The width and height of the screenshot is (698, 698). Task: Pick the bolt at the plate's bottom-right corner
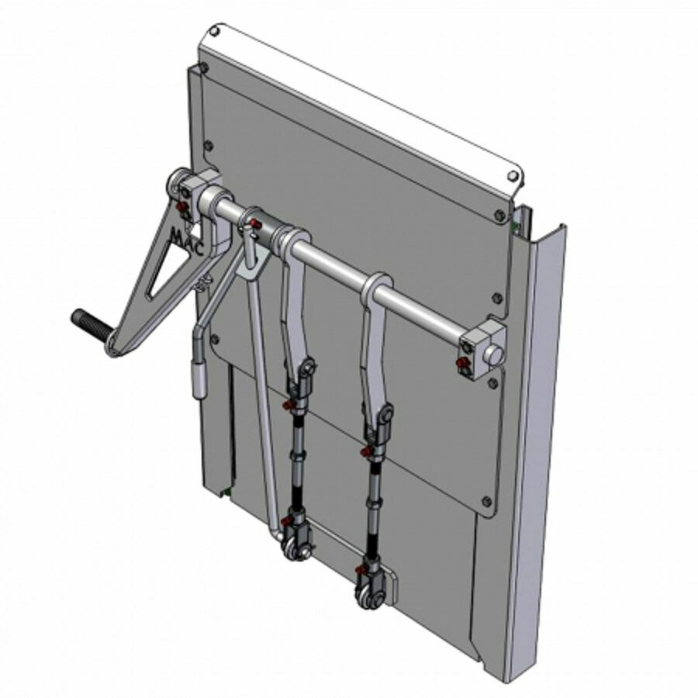coord(486,500)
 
